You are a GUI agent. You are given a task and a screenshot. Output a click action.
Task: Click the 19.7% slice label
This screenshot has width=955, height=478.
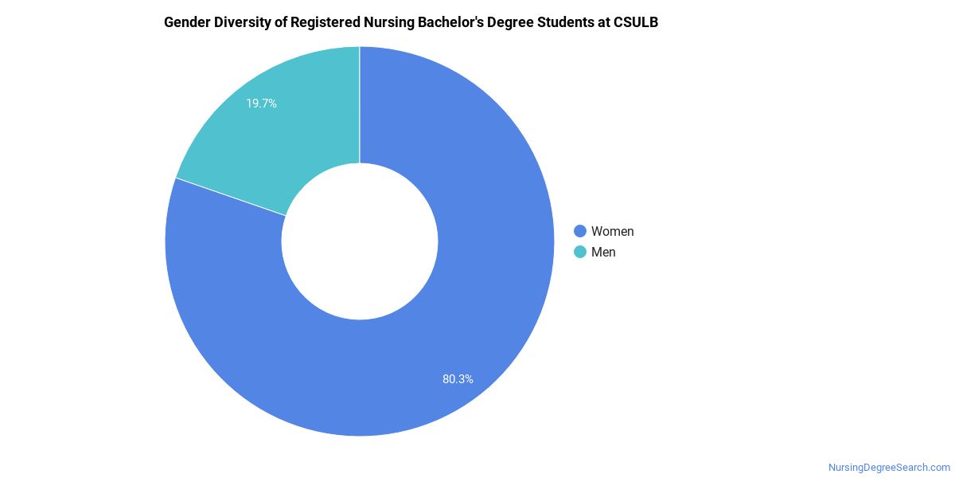pos(261,104)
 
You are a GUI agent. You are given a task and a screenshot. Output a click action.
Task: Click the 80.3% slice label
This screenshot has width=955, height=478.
pos(458,379)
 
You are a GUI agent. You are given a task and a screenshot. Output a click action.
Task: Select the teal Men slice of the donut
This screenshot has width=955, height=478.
pos(271,143)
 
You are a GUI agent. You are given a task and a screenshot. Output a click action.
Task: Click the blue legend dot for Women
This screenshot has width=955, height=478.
pos(580,231)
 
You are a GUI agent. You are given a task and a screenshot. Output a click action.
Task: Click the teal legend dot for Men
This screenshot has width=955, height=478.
pos(580,252)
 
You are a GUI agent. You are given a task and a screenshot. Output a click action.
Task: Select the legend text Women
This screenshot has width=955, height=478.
pos(612,231)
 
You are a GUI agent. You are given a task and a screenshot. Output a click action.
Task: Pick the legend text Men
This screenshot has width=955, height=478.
pos(603,252)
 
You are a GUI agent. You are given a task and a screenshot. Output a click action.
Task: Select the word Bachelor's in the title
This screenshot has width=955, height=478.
pos(453,22)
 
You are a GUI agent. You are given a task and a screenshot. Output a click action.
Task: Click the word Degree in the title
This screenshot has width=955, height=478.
pos(513,22)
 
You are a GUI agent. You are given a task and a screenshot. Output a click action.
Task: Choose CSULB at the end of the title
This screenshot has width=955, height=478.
pos(636,22)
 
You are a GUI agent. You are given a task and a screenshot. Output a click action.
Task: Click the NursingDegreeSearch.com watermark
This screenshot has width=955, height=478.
pos(889,468)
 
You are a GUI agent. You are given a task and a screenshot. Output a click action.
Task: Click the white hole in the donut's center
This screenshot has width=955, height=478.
pos(360,241)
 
